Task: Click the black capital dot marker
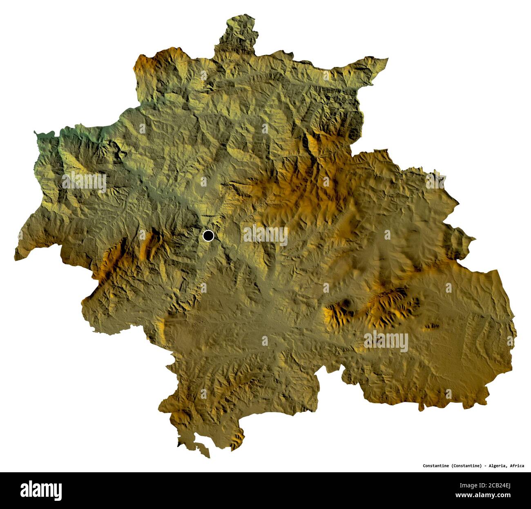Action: point(208,236)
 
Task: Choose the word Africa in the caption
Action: point(517,465)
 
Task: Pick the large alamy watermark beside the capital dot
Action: point(265,236)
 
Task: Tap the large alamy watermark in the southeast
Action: point(386,341)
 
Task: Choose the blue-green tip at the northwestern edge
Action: point(38,134)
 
